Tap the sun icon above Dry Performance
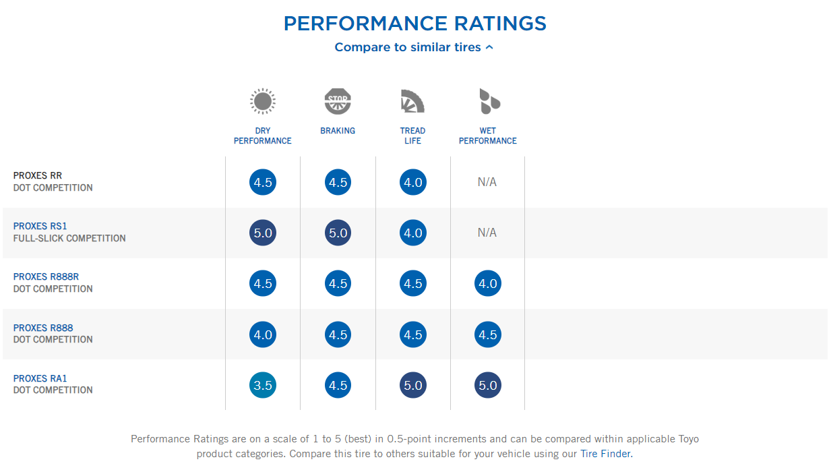coord(263,102)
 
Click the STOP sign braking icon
coord(338,102)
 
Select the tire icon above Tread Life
coord(412,102)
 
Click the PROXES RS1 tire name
coord(40,226)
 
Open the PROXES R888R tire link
coord(47,276)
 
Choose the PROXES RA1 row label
coord(40,378)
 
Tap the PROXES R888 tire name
coord(43,328)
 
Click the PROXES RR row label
coord(38,175)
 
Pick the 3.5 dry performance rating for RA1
coord(263,386)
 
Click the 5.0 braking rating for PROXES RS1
coord(338,233)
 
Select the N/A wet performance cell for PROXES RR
coord(487,182)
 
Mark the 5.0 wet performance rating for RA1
coord(487,386)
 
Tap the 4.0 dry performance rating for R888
coord(263,335)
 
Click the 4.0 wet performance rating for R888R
coord(487,284)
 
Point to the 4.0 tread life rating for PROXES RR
coord(412,182)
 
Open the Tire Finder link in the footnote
coord(606,454)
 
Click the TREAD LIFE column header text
coord(412,136)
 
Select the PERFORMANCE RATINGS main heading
coord(414,23)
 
